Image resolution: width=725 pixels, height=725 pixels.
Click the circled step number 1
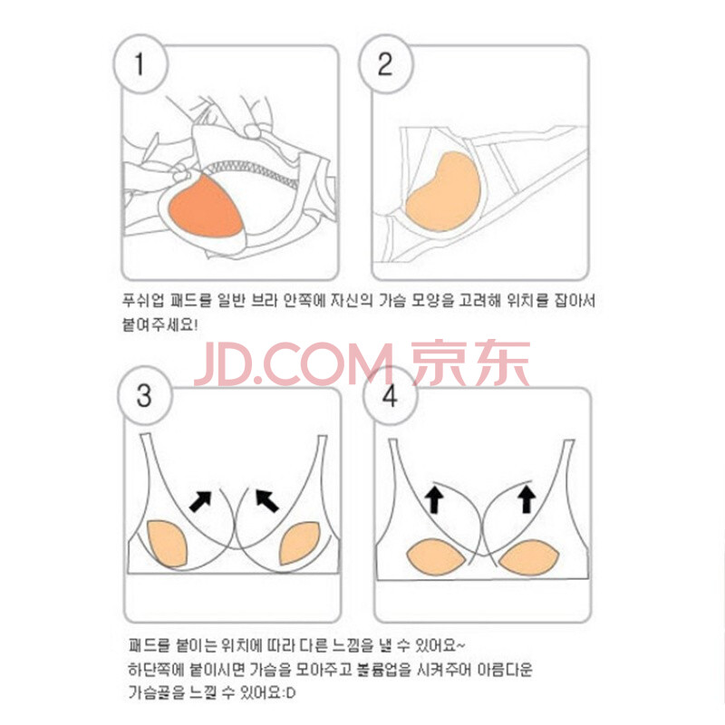click(x=140, y=63)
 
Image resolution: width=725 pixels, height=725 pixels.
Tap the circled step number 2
click(x=384, y=63)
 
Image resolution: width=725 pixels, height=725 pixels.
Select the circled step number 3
click(x=144, y=396)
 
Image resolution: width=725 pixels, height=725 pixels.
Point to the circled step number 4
click(x=390, y=396)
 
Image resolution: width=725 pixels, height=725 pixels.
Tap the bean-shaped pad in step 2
click(x=444, y=193)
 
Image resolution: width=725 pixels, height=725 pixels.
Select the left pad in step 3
click(x=168, y=543)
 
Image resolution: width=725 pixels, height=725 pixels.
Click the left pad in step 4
click(x=436, y=556)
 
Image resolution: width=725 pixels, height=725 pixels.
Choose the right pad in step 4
click(x=530, y=558)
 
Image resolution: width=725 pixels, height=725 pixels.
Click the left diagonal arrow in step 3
click(x=200, y=501)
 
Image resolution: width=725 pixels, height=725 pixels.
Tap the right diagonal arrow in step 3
click(x=267, y=501)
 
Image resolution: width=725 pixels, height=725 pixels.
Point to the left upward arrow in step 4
click(x=434, y=499)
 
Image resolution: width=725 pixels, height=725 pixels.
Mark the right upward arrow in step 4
click(x=527, y=499)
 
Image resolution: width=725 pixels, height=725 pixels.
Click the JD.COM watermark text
click(x=294, y=364)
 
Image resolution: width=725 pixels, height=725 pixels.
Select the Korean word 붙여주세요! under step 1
click(x=160, y=324)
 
